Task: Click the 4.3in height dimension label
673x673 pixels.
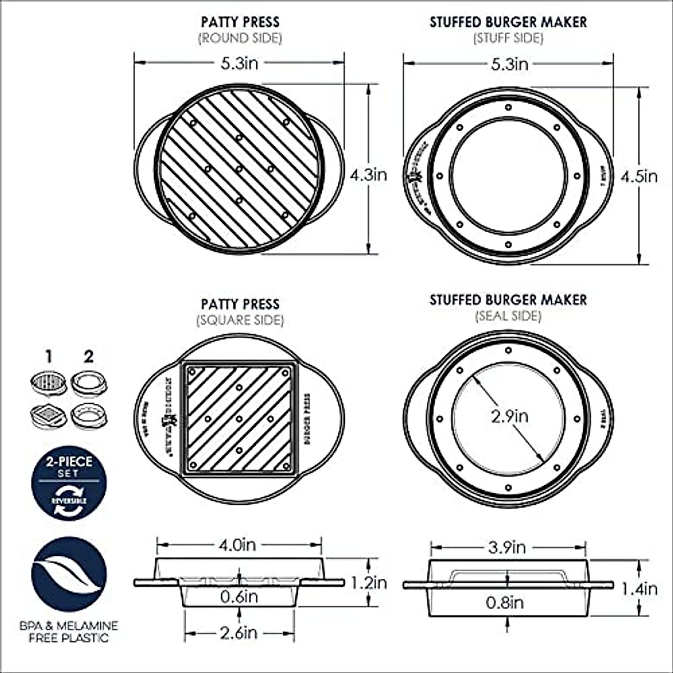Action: point(368,175)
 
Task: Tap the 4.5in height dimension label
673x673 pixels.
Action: point(639,177)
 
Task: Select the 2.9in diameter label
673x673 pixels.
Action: point(509,416)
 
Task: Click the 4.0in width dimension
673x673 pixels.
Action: point(239,544)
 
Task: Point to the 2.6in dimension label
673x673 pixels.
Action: point(239,633)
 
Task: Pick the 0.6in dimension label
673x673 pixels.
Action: point(239,597)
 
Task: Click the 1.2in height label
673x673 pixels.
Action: point(368,583)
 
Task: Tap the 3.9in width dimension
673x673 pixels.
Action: point(508,547)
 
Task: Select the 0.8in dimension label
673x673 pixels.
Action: point(505,603)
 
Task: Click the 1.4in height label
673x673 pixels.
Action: point(639,589)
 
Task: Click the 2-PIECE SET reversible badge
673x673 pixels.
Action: point(68,483)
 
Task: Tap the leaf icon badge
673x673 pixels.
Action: point(68,574)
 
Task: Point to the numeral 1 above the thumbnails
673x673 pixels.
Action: point(49,356)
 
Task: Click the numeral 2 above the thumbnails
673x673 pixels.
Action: point(88,356)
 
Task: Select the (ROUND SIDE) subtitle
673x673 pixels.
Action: point(240,38)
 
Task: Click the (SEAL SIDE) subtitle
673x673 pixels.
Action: point(508,316)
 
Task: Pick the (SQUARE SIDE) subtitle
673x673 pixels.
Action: point(240,320)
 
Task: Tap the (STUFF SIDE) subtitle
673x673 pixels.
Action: point(508,38)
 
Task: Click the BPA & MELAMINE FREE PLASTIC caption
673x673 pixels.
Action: point(68,631)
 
